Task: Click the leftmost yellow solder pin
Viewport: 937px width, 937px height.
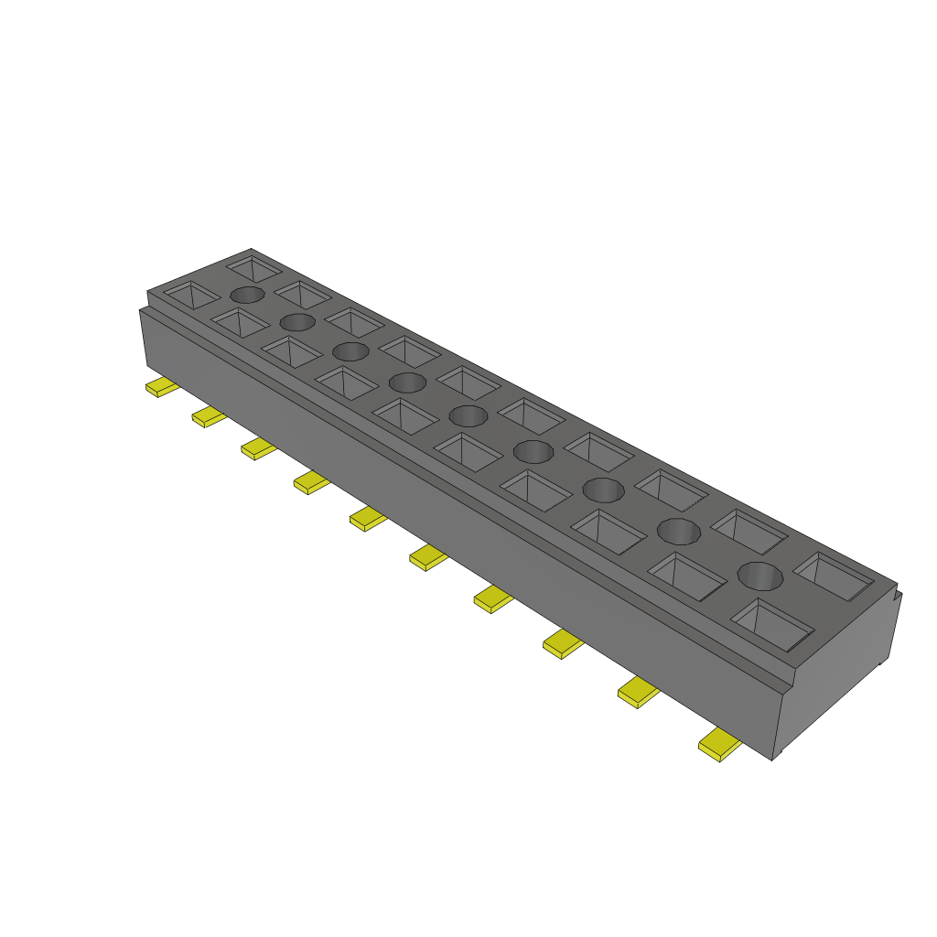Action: click(162, 387)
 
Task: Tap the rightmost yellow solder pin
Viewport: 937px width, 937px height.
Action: click(720, 747)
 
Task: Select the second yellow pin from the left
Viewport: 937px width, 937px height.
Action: click(209, 416)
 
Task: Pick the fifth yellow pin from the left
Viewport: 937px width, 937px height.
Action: click(368, 519)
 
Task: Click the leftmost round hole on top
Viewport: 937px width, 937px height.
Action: click(247, 295)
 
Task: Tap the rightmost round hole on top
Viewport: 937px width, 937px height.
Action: click(761, 576)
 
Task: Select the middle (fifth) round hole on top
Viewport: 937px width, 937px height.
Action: click(468, 416)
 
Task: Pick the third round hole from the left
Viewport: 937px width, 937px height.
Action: click(350, 351)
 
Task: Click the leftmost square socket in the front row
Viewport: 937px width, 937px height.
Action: click(191, 295)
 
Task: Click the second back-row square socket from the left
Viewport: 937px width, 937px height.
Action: click(303, 295)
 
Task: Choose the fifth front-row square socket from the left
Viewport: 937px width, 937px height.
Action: click(404, 416)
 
